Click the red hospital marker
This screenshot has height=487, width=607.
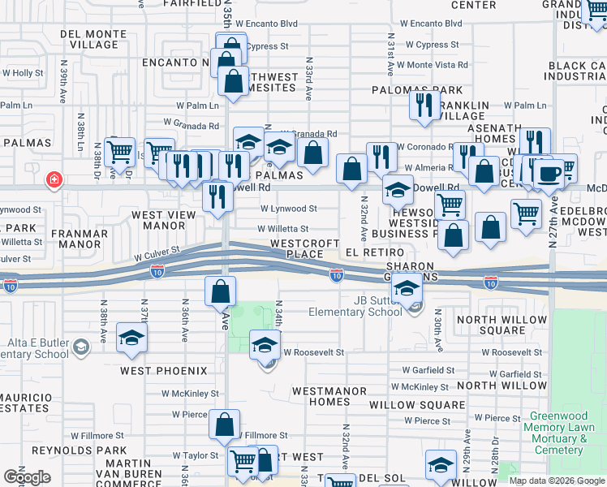point(54,179)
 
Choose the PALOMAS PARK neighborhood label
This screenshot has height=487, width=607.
point(417,91)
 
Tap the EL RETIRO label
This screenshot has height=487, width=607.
point(369,253)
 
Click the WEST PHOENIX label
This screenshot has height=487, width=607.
point(163,371)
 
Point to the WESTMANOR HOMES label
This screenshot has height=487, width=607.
point(321,396)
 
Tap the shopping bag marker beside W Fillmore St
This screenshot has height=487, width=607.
point(224,423)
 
